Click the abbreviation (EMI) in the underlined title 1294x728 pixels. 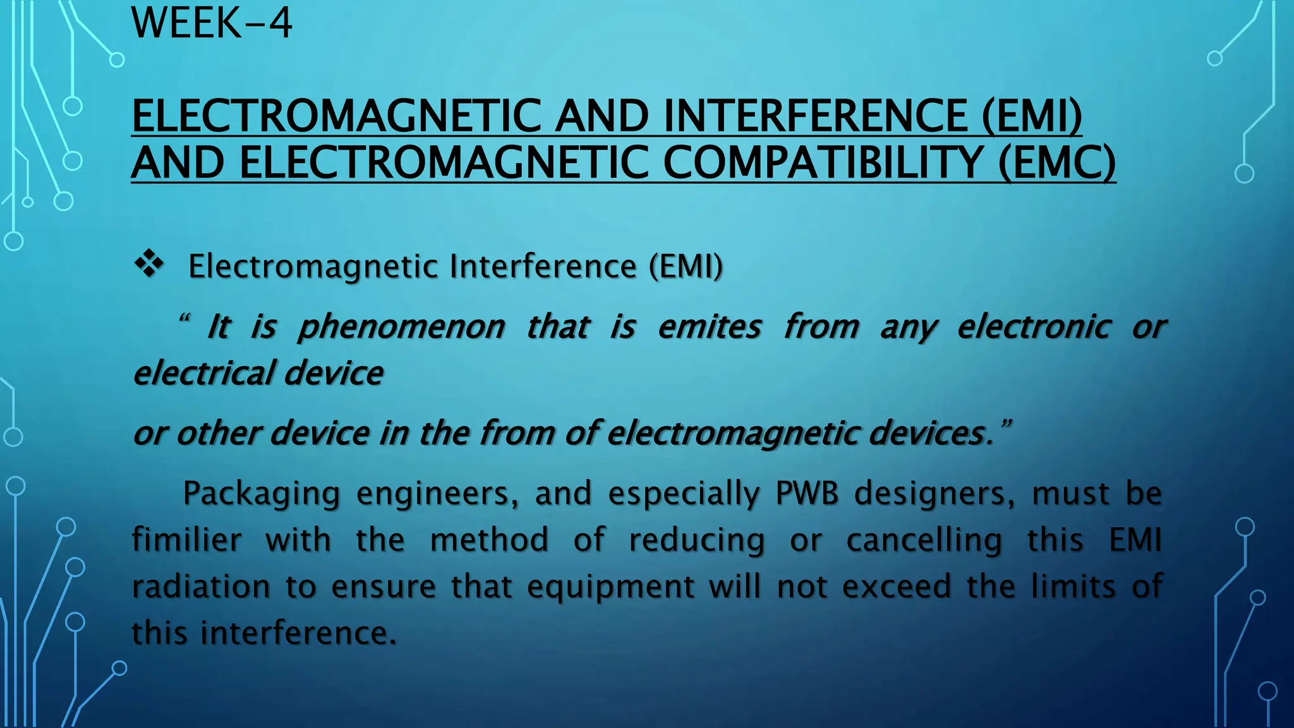(x=1032, y=116)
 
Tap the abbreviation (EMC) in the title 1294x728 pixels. (x=1057, y=162)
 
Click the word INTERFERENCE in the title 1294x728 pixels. (x=815, y=116)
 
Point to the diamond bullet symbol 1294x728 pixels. (x=149, y=264)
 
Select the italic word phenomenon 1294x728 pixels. (x=401, y=327)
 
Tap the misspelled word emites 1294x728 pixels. (x=709, y=327)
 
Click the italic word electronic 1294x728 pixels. (x=1034, y=327)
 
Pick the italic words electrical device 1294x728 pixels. (x=258, y=373)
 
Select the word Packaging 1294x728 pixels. (x=262, y=494)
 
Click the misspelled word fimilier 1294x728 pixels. (x=186, y=540)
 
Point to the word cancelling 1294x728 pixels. (x=924, y=540)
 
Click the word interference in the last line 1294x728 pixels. (x=298, y=633)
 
